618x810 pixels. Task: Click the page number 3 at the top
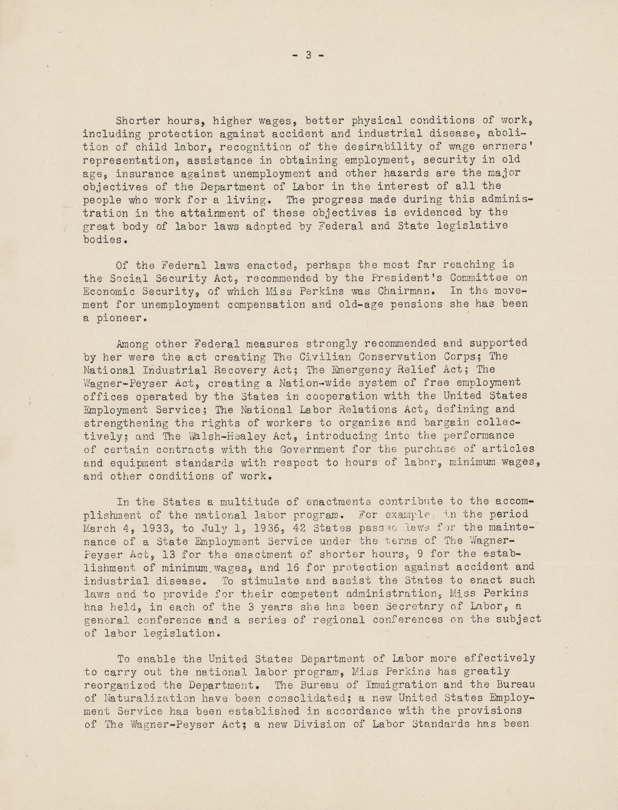(x=308, y=55)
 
